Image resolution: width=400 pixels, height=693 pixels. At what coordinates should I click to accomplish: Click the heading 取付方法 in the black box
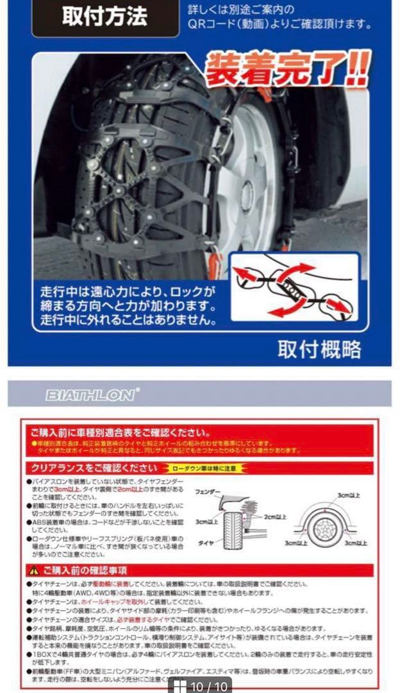click(x=104, y=17)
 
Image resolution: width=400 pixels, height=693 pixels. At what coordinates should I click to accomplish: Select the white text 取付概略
click(x=319, y=348)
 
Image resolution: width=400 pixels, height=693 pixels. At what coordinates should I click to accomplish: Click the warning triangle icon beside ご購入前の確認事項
click(x=33, y=570)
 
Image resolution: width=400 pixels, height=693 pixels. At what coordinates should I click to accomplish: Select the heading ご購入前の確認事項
click(x=85, y=570)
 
